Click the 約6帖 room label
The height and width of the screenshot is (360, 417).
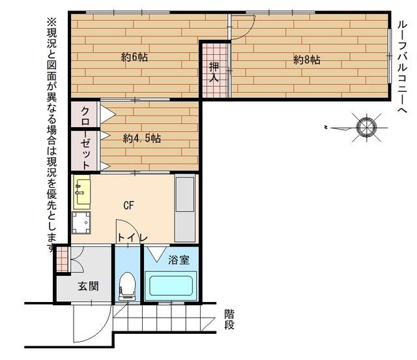pyautogui.click(x=134, y=57)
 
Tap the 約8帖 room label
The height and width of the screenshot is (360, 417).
pyautogui.click(x=306, y=59)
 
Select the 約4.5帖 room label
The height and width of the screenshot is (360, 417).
pyautogui.click(x=142, y=138)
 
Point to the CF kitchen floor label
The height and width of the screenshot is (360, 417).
pyautogui.click(x=129, y=205)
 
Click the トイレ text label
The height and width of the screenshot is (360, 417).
pyautogui.click(x=133, y=238)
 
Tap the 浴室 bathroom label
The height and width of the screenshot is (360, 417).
pyautogui.click(x=179, y=260)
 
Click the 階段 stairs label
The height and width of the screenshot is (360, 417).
pyautogui.click(x=229, y=319)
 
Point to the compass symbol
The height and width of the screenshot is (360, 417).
pyautogui.click(x=365, y=125)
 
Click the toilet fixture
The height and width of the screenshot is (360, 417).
pyautogui.click(x=128, y=285)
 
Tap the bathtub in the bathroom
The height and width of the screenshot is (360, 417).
pyautogui.click(x=171, y=286)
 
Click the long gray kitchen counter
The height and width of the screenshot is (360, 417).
pyautogui.click(x=185, y=207)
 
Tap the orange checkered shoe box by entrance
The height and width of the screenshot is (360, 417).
pyautogui.click(x=61, y=258)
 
